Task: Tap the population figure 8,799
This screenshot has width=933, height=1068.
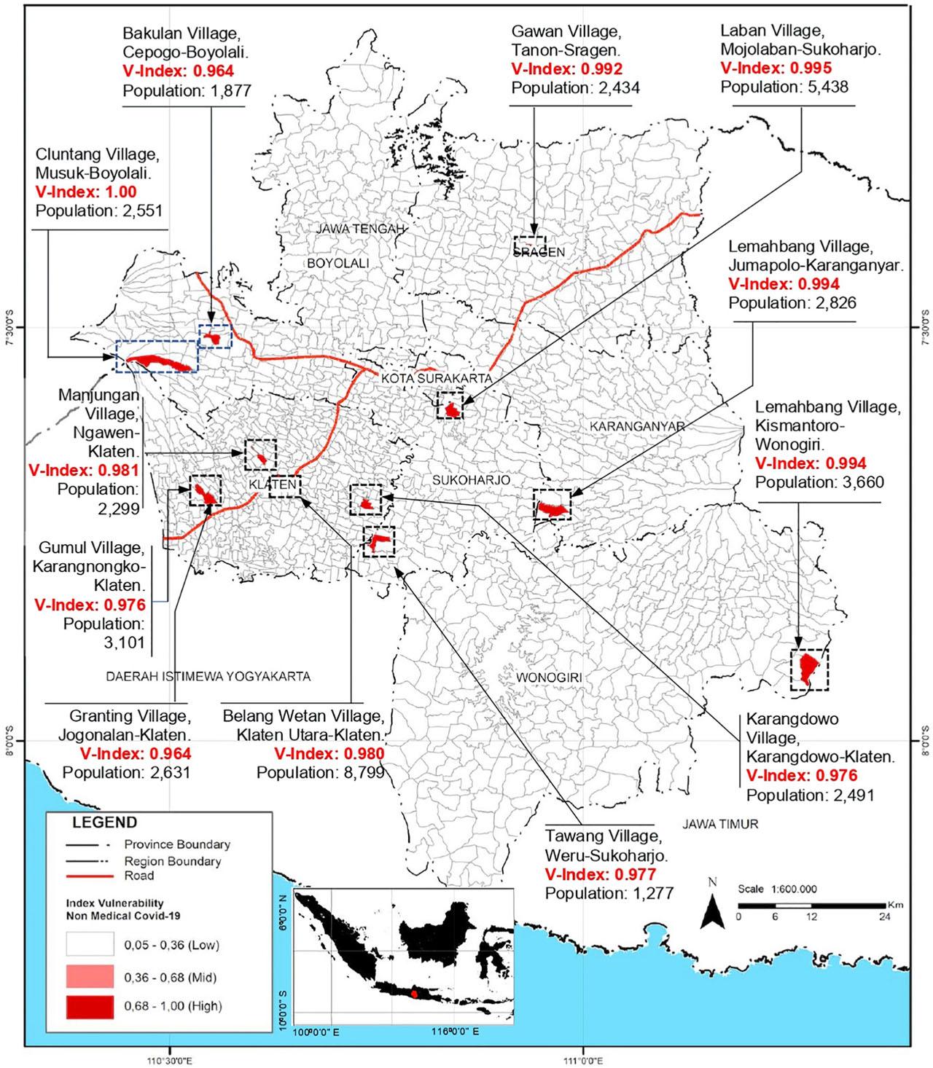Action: [x=357, y=773]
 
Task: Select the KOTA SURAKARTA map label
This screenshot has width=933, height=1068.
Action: [x=437, y=379]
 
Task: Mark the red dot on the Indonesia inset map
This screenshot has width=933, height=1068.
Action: [x=415, y=992]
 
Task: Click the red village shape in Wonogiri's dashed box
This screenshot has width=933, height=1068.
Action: [x=808, y=667]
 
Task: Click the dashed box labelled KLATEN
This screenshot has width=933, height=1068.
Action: [x=284, y=485]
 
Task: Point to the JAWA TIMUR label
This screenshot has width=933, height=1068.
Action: [x=721, y=825]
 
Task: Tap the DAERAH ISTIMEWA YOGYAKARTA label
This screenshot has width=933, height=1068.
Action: [x=208, y=676]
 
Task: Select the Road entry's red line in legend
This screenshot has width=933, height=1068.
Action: [x=89, y=875]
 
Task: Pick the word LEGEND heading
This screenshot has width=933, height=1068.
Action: [x=104, y=822]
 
